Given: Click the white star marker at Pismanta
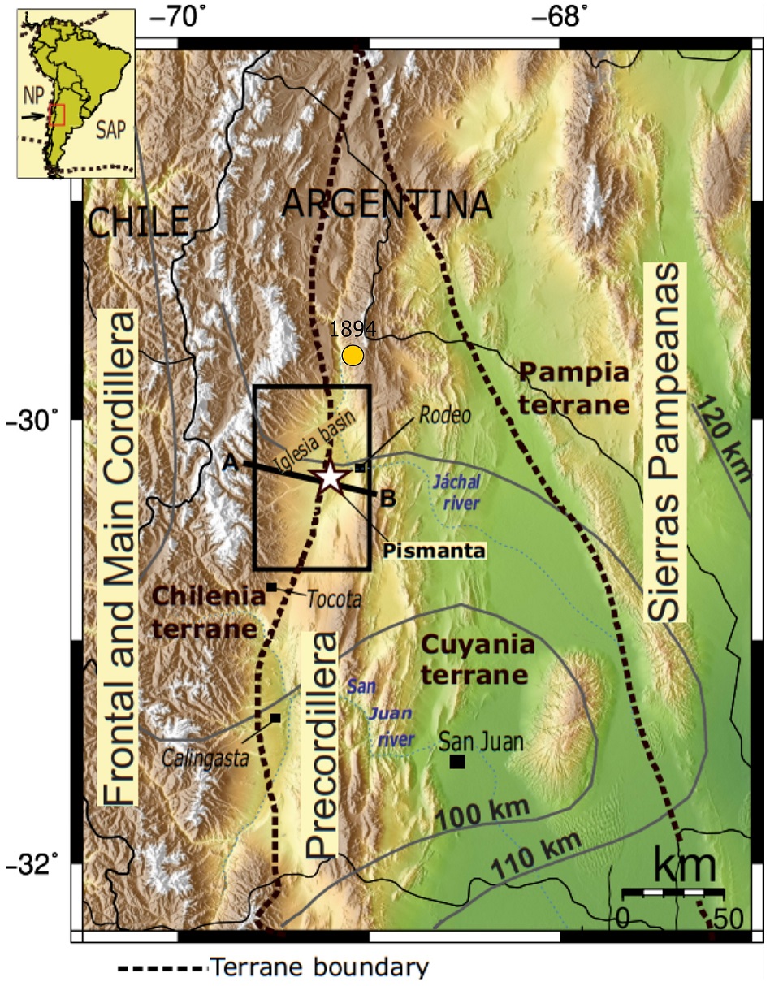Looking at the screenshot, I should (329, 477).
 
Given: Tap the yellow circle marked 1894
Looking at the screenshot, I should (353, 355).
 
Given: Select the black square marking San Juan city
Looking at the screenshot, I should (457, 761).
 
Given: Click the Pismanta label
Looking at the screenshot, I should (435, 551).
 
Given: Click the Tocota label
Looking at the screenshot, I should (333, 599).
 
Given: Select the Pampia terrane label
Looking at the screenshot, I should (574, 388).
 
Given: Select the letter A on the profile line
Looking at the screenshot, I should (230, 462).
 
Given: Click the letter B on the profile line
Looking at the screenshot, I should (387, 499).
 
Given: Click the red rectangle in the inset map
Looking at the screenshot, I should (56, 115).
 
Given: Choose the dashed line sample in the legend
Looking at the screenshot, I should (162, 968).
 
